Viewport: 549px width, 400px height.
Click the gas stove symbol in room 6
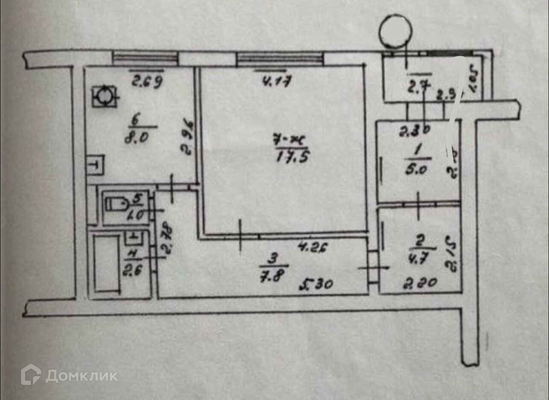coord(104,97)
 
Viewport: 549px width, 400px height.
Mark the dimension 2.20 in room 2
coord(419,282)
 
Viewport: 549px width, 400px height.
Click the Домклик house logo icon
coord(31,374)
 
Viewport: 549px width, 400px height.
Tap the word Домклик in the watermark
coord(82,376)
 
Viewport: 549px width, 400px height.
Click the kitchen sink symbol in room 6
coord(94,164)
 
